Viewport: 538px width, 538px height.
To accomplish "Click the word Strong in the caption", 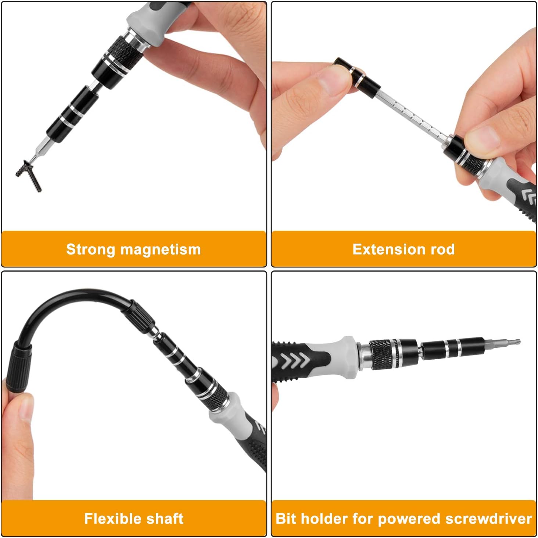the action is coord(90,249).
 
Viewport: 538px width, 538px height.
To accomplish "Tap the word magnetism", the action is coord(161,249).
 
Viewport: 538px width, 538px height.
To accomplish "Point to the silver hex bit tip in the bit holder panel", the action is coord(503,343).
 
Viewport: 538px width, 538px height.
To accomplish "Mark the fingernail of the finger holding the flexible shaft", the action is coord(26,408).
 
